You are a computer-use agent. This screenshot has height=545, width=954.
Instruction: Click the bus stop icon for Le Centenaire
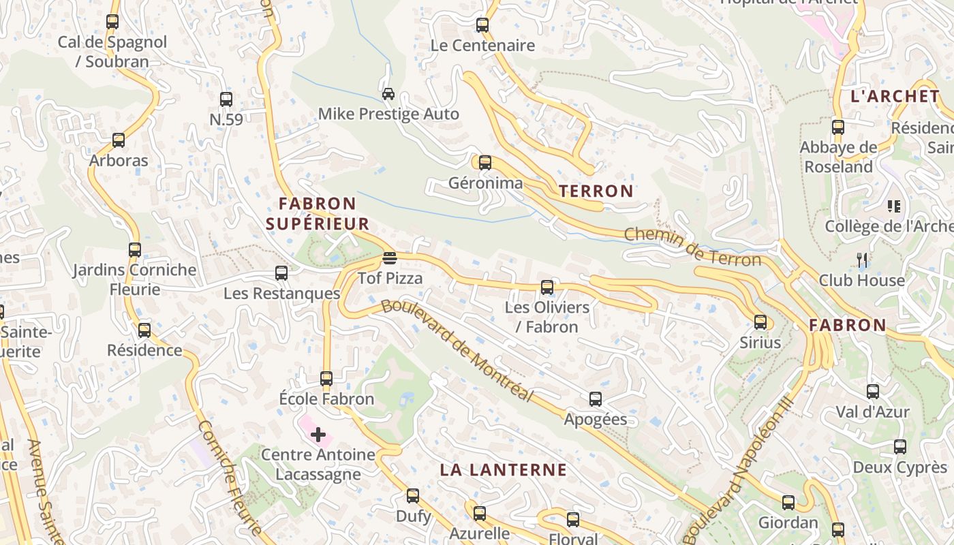tap(482, 25)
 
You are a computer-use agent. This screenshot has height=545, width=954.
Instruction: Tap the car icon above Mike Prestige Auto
tap(388, 93)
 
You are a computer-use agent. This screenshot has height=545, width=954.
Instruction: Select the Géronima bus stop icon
tap(484, 163)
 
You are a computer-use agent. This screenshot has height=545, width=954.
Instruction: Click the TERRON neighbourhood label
tap(596, 191)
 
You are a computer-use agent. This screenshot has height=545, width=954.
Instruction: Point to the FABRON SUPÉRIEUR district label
tap(318, 213)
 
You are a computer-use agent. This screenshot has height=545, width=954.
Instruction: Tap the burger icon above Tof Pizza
tap(389, 258)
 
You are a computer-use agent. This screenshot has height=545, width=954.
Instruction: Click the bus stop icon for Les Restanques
tap(281, 273)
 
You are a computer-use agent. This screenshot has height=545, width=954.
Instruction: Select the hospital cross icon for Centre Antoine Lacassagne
tap(318, 434)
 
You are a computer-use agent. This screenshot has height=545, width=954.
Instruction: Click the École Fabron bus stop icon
tap(326, 379)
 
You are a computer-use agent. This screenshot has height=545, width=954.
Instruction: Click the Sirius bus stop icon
tap(760, 322)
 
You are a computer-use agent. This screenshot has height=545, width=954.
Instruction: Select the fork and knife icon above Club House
tap(862, 260)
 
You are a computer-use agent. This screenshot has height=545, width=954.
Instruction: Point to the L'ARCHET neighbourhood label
tap(895, 96)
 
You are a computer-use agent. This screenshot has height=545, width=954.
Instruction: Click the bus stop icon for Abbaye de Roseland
tap(838, 127)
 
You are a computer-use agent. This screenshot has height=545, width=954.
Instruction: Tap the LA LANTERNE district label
tap(503, 469)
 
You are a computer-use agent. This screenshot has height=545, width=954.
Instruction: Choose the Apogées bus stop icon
tap(596, 399)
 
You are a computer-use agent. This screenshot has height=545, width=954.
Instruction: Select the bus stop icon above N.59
tap(226, 99)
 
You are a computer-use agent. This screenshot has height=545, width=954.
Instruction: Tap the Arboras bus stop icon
tap(119, 140)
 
